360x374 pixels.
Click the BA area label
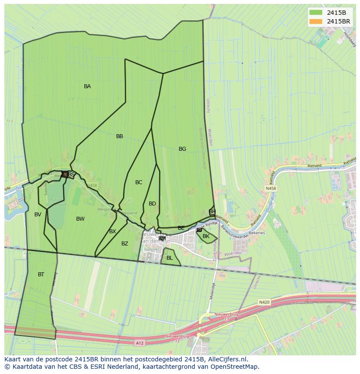click(x=87, y=86)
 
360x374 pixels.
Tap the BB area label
click(x=120, y=136)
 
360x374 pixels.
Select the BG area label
click(x=182, y=149)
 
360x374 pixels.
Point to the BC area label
click(x=139, y=182)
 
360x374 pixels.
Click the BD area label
click(x=152, y=204)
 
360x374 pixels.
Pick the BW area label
click(x=80, y=219)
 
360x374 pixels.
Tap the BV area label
click(x=38, y=215)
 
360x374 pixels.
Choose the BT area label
click(x=41, y=275)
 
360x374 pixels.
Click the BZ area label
click(x=125, y=244)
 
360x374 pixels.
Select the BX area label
click(x=113, y=232)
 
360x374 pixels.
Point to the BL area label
click(x=170, y=258)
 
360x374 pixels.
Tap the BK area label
click(x=206, y=236)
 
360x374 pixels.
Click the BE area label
click(x=181, y=228)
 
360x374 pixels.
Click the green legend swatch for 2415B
click(x=316, y=12)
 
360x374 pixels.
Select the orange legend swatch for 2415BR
click(x=316, y=21)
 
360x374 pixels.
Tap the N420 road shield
click(x=264, y=302)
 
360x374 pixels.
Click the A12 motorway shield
click(x=140, y=343)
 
